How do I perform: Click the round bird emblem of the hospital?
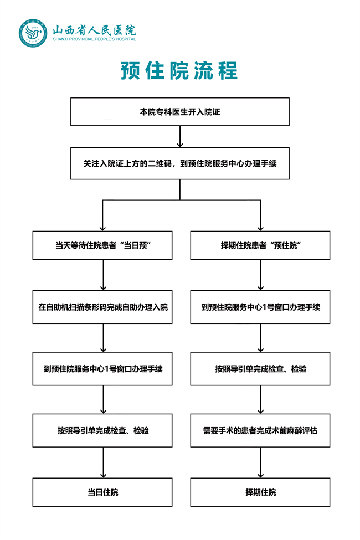(33, 33)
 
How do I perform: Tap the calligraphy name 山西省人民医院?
(94, 30)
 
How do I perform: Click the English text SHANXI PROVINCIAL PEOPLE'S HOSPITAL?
(94, 39)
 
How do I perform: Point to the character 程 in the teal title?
(228, 70)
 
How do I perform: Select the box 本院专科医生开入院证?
(180, 111)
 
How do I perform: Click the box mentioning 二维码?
(180, 163)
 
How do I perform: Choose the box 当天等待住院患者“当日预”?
(102, 245)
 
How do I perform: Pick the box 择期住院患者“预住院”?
(260, 245)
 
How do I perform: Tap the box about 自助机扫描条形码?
(102, 307)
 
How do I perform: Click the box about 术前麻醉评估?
(260, 430)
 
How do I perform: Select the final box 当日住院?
(102, 492)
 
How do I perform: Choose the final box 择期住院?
(260, 492)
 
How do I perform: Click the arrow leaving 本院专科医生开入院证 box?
(180, 136)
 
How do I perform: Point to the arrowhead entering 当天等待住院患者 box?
(102, 228)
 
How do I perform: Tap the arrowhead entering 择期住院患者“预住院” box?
(260, 228)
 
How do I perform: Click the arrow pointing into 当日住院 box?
(103, 462)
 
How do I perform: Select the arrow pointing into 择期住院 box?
(260, 462)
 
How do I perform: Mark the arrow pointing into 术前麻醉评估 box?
(260, 399)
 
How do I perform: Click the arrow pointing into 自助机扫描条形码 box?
(103, 275)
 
